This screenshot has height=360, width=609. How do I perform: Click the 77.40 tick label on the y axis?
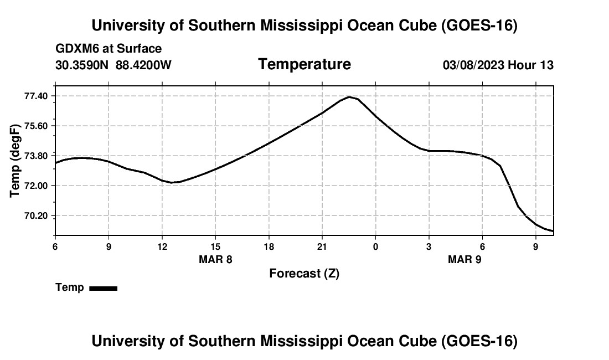coord(36,96)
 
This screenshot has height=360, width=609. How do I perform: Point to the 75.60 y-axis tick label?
coord(36,126)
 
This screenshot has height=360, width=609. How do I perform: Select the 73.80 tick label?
coord(36,156)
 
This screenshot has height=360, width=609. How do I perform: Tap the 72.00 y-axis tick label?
coord(36,186)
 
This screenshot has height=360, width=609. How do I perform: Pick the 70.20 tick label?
coord(36,215)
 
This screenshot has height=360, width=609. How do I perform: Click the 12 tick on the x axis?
coord(162,246)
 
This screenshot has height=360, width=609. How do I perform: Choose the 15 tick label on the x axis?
coord(215,246)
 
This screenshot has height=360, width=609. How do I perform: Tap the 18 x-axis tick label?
coord(269,246)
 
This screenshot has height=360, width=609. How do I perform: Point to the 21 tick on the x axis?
coord(322,246)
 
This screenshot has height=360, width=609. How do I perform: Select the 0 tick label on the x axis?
coord(375,246)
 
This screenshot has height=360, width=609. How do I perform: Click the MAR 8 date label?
coord(215,259)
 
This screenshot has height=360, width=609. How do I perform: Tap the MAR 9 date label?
coord(465,259)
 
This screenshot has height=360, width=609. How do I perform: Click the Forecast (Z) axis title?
coord(304,274)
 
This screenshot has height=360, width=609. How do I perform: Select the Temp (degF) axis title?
coord(14,161)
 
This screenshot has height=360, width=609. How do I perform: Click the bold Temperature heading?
coord(304,64)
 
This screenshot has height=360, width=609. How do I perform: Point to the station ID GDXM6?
coord(76,49)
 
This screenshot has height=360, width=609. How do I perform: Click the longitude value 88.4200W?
coord(143,65)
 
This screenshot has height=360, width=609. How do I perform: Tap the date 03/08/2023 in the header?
coord(473,65)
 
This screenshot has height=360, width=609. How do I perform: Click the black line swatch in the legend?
coord(104,288)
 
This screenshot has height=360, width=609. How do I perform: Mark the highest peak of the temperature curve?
coord(349,97)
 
